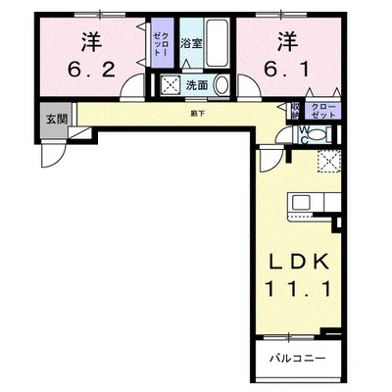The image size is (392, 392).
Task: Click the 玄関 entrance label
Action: pos(55,119)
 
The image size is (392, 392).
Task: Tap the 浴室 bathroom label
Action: pos(191,44)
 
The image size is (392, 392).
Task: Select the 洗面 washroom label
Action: pos(196,85)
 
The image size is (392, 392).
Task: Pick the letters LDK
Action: pos(301,263)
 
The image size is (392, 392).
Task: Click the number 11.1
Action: pos(301,291)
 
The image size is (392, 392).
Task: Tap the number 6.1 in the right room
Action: pos(284,70)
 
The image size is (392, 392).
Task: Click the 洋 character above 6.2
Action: pos(92,41)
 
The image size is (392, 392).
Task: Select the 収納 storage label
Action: pos(295,110)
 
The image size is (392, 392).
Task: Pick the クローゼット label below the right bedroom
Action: pos(322,110)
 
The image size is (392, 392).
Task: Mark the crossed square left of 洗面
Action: pos(170,85)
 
